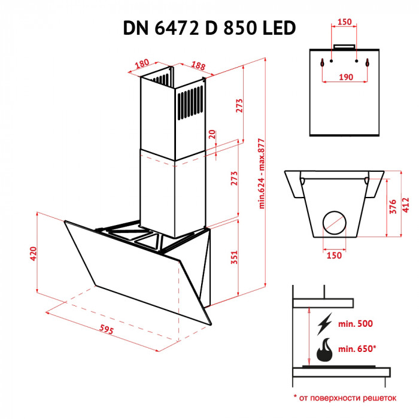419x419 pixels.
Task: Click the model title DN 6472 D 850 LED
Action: click(x=209, y=28)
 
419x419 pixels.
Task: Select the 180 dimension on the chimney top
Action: click(x=141, y=64)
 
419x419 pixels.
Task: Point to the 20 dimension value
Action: click(x=212, y=135)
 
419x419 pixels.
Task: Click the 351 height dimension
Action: click(x=234, y=257)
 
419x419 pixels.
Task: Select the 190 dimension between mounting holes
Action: click(x=344, y=77)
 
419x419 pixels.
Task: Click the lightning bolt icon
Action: click(x=324, y=324)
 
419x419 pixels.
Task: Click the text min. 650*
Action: click(x=357, y=348)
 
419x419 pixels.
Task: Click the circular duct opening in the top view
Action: click(x=334, y=224)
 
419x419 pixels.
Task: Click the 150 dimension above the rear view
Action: click(x=344, y=22)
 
